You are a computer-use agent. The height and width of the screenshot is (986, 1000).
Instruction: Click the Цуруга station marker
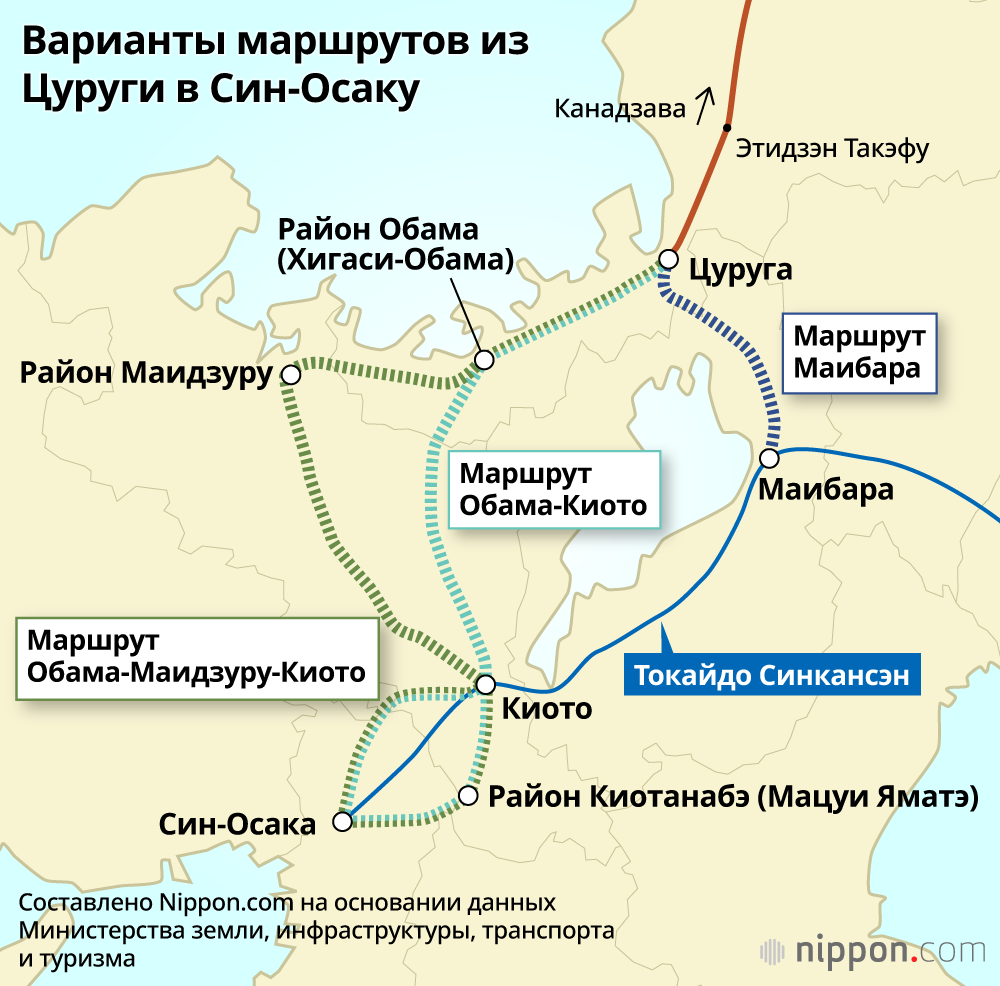667,260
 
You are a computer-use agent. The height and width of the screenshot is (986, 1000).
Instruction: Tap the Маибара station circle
769,459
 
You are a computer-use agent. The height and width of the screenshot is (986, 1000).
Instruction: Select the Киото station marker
486,685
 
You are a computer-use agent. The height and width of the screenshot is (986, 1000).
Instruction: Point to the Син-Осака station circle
342,822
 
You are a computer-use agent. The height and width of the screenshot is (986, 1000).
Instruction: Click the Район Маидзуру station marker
291,375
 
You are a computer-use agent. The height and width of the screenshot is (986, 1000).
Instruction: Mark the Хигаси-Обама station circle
484,359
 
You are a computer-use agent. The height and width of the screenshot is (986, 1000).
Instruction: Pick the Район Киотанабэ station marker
467,796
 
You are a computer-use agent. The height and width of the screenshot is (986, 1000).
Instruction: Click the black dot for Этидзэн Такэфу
728,127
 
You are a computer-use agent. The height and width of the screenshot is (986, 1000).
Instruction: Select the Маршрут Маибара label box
858,354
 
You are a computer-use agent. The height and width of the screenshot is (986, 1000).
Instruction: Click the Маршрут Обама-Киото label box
553,490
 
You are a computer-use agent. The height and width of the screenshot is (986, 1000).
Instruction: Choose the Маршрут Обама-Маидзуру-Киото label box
196,656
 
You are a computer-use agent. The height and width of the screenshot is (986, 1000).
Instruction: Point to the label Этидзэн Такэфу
832,150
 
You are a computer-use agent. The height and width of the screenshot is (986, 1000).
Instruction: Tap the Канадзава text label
620,108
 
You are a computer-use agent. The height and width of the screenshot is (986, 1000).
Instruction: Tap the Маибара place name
826,491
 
